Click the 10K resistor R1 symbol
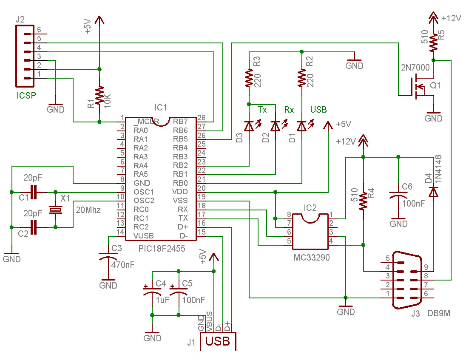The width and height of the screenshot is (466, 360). [99, 96]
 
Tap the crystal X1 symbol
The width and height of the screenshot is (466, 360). [56, 210]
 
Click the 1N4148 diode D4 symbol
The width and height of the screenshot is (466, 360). [434, 192]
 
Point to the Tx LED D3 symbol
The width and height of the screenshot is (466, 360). [249, 126]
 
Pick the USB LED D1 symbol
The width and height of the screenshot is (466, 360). [302, 126]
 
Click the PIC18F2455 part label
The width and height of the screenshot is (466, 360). [162, 248]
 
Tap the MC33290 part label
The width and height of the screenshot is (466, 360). [312, 257]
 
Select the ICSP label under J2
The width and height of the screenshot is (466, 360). [26, 95]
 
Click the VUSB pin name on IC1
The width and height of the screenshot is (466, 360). [144, 236]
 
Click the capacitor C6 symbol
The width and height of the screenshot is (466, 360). [398, 196]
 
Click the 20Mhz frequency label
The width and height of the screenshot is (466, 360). [88, 210]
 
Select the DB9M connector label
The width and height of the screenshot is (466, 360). [439, 313]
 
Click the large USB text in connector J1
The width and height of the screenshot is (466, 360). [218, 341]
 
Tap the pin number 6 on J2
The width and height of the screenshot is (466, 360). [39, 29]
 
